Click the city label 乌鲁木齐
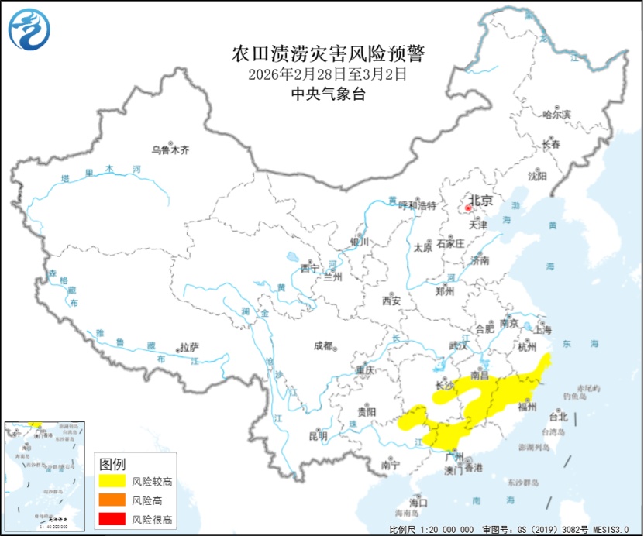(x=170, y=149)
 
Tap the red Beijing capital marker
(x=468, y=208)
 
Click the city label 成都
(x=323, y=345)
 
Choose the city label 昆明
(x=318, y=436)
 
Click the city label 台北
(x=558, y=416)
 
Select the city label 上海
(x=542, y=330)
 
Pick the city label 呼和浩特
(x=418, y=205)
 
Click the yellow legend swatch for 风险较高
(x=112, y=481)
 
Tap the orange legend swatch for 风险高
(x=112, y=500)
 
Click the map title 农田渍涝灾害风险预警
(x=329, y=54)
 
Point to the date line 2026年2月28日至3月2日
(x=328, y=75)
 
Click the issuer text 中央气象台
(x=328, y=94)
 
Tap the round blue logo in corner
(x=29, y=29)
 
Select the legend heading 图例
(x=112, y=464)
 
